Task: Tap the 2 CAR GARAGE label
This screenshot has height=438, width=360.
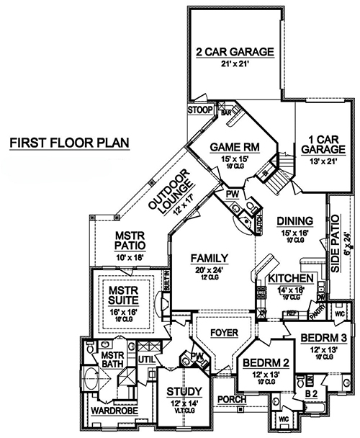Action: click(x=234, y=52)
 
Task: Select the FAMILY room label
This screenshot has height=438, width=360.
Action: click(x=210, y=258)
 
